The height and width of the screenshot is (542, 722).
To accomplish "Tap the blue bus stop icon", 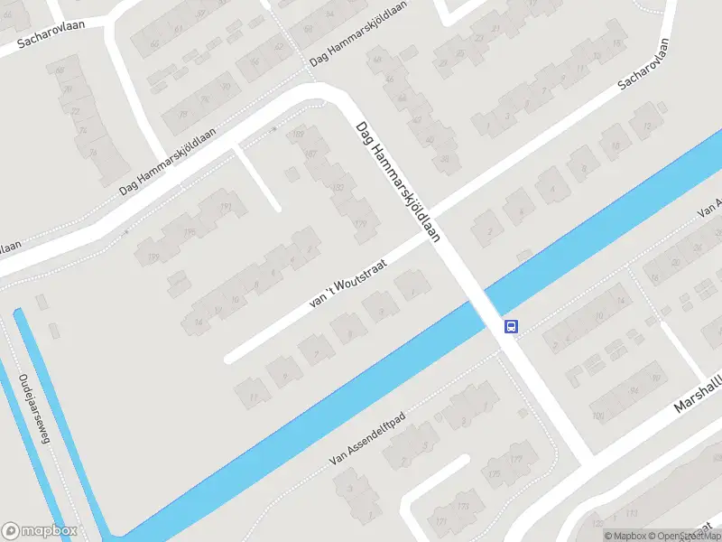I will click(511, 326).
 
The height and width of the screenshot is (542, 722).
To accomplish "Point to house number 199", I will click(153, 259).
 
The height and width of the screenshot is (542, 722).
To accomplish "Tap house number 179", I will click(361, 224).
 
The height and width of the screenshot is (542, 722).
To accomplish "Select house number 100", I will click(597, 416).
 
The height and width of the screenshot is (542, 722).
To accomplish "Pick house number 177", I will click(516, 460).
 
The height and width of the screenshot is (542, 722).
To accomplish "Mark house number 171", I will click(441, 522).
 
